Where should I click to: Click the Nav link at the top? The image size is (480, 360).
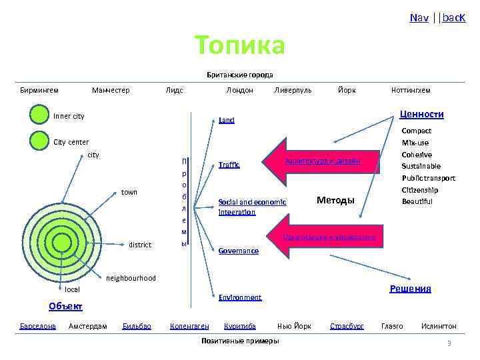click(x=419, y=17)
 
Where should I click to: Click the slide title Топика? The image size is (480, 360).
click(x=240, y=45)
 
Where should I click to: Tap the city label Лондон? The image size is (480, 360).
click(x=239, y=90)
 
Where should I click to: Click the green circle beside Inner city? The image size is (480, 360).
click(x=39, y=115)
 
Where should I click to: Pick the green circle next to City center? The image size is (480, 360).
click(x=39, y=141)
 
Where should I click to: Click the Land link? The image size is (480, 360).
click(x=227, y=121)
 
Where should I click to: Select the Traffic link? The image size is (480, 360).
click(x=229, y=165)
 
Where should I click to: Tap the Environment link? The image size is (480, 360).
click(x=240, y=297)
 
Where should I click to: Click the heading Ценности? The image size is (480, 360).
click(x=421, y=115)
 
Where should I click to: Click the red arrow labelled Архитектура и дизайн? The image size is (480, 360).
click(x=323, y=161)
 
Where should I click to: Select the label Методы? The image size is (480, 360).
click(x=335, y=200)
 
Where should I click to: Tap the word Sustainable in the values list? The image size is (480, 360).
click(x=421, y=166)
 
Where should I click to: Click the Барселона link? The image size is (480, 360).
click(x=38, y=326)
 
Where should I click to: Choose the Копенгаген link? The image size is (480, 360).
click(x=189, y=326)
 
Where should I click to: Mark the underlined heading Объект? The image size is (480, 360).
click(x=65, y=306)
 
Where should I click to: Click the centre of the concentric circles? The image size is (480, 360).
click(x=61, y=241)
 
